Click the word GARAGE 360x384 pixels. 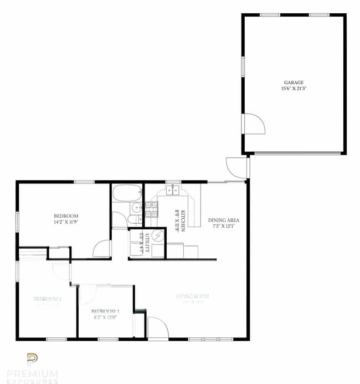[x=294, y=83]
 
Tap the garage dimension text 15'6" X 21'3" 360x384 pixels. [x=294, y=89]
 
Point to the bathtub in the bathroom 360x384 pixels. [x=127, y=193]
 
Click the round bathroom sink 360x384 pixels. [x=137, y=208]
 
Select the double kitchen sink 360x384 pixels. [x=173, y=190]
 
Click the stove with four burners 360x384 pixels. [x=152, y=209]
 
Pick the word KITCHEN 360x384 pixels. [x=182, y=221]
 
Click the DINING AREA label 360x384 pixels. [x=224, y=220]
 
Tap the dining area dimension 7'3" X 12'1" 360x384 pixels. [x=224, y=226]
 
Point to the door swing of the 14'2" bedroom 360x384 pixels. [x=102, y=249]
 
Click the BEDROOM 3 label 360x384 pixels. [x=105, y=311]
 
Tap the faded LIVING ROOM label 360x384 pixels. [x=192, y=296]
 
